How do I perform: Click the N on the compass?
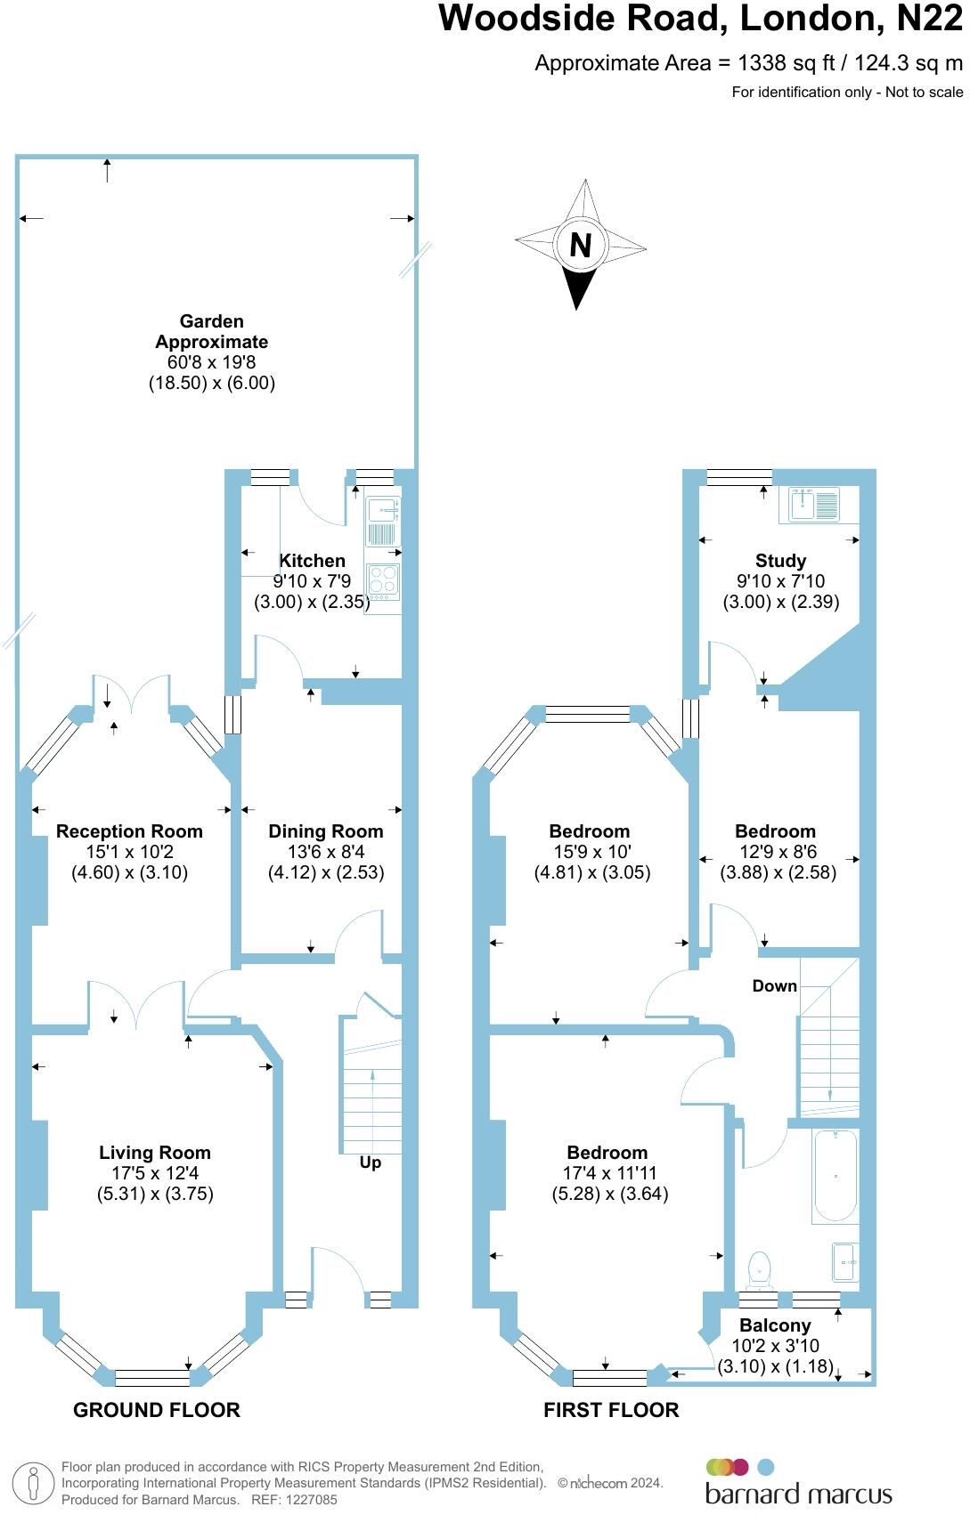tap(580, 245)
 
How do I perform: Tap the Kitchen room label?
tap(312, 561)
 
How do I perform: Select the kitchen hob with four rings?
tap(384, 581)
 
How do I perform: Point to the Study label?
tap(780, 561)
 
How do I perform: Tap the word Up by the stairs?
tap(371, 1162)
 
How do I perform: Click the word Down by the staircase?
tap(774, 985)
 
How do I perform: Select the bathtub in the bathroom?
tap(836, 1175)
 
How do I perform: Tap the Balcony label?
tap(775, 1325)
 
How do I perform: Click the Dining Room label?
tap(326, 831)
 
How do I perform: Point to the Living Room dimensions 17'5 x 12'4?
tap(155, 1173)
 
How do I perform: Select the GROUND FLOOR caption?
tap(157, 1410)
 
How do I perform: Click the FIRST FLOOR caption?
tap(611, 1410)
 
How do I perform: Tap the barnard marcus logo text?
tap(798, 1494)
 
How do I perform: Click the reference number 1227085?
tap(308, 1500)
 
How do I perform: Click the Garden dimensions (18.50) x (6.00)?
tap(212, 383)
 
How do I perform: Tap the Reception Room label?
tap(129, 831)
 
